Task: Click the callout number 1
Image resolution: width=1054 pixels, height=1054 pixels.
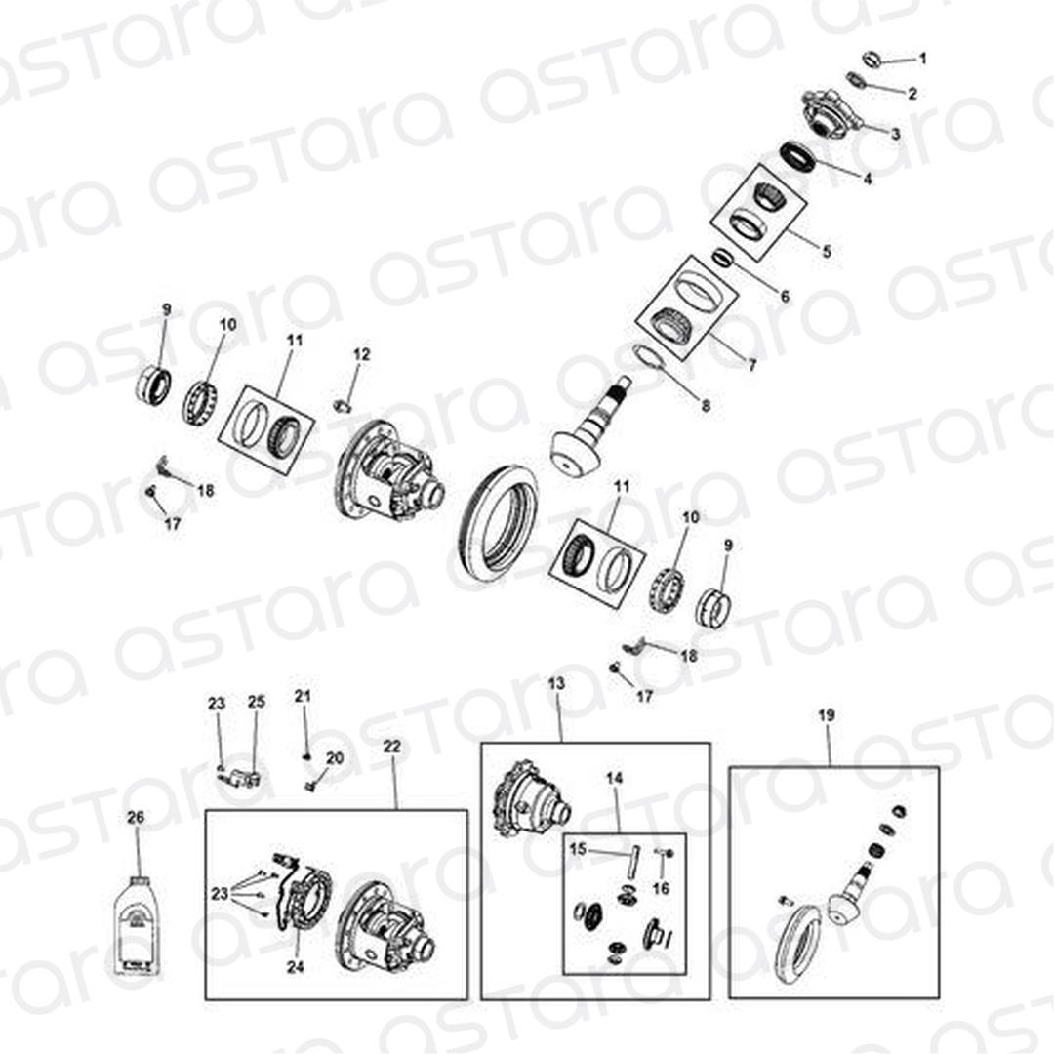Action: pyautogui.click(x=922, y=59)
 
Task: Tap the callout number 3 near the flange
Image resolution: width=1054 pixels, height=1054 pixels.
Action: pyautogui.click(x=895, y=134)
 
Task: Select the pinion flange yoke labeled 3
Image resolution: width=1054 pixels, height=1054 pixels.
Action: pyautogui.click(x=831, y=114)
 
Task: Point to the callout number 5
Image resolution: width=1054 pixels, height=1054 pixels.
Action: pyautogui.click(x=827, y=251)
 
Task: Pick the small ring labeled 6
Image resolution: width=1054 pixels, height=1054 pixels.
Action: pyautogui.click(x=721, y=258)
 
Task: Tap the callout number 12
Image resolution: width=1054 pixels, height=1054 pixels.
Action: pyautogui.click(x=362, y=353)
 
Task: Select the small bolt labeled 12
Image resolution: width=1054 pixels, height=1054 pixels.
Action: pyautogui.click(x=344, y=405)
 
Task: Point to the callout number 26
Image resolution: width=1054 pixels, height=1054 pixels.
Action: pyautogui.click(x=136, y=818)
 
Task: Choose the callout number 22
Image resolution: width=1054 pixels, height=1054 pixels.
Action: pyautogui.click(x=392, y=747)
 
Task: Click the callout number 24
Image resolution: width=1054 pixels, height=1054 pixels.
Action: pyautogui.click(x=295, y=966)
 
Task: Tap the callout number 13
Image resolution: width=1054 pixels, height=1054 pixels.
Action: pyautogui.click(x=556, y=683)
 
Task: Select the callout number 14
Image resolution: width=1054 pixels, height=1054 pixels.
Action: pyautogui.click(x=615, y=778)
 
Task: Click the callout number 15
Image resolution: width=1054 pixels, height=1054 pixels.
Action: pyautogui.click(x=578, y=850)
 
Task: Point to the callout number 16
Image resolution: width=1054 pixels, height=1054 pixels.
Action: pyautogui.click(x=662, y=888)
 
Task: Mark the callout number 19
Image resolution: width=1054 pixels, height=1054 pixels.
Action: pyautogui.click(x=827, y=715)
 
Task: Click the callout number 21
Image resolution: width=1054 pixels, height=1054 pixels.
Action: pyautogui.click(x=304, y=696)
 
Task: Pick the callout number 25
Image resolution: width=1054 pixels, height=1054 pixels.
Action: pyautogui.click(x=257, y=701)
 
